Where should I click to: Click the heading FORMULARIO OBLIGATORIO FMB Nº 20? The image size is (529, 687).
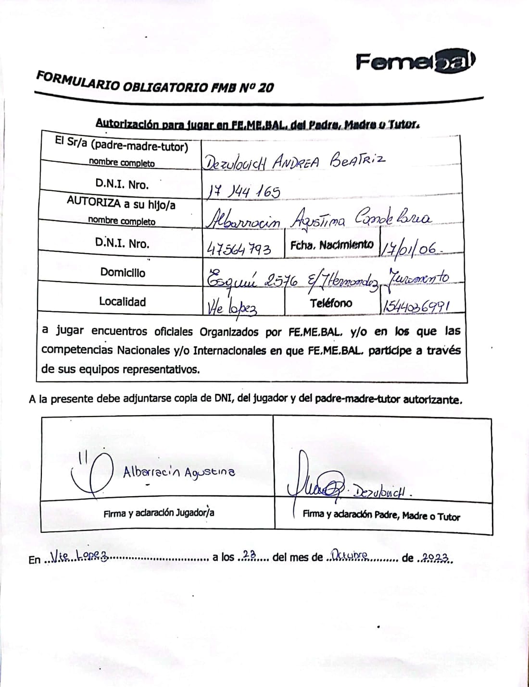[155, 82]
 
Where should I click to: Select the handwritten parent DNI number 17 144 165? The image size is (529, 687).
[244, 192]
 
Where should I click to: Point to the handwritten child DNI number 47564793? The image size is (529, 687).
[239, 249]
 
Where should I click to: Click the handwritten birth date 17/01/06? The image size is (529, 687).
[409, 248]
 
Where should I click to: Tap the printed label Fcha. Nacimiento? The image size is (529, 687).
[332, 245]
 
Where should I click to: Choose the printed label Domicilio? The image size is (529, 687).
[123, 272]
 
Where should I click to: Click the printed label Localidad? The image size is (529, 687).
[122, 302]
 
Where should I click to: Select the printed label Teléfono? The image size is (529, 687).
[331, 303]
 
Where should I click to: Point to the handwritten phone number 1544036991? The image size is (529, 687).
[416, 306]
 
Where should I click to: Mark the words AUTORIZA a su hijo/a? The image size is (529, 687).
[121, 203]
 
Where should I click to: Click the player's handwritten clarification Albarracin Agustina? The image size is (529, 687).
[179, 472]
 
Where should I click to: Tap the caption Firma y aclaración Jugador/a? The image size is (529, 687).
[159, 513]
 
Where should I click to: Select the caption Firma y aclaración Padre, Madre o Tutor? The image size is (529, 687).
[381, 515]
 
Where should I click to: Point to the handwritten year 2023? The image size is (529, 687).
[435, 557]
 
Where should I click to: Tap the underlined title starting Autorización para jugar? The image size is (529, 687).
[258, 124]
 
